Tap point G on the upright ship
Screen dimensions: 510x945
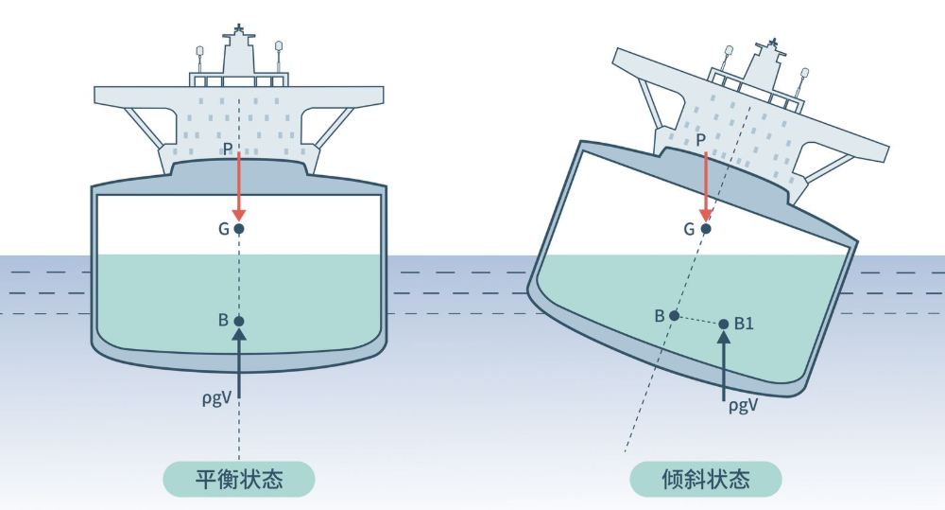[239, 229]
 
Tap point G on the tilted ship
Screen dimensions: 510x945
[705, 228]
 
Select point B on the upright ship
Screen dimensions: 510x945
[239, 321]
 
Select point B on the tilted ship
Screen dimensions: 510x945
[674, 315]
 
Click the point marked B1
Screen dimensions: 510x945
[724, 324]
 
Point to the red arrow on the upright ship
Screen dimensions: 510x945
[239, 185]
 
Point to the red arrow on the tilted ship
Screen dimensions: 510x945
[705, 185]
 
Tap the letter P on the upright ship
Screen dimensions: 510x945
[228, 149]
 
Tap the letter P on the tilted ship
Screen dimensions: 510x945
[700, 140]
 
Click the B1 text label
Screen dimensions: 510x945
[745, 324]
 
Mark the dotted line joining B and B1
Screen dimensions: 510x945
[698, 320]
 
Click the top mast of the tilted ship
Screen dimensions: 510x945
[776, 44]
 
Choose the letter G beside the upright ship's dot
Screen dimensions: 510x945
[223, 228]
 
